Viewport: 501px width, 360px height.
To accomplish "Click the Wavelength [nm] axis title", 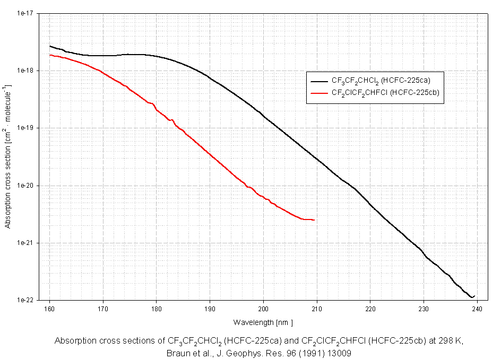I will (263, 322).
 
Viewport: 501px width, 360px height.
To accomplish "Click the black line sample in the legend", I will (319, 82).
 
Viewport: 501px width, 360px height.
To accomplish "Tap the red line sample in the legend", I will (319, 93).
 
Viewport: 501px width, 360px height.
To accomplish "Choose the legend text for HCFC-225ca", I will (381, 81).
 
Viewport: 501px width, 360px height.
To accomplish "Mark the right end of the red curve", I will (315, 220).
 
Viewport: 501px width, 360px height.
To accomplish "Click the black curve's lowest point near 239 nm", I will (471, 298).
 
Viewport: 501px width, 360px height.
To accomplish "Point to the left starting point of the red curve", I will (50, 55).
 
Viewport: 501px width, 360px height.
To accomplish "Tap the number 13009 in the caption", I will (340, 352).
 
